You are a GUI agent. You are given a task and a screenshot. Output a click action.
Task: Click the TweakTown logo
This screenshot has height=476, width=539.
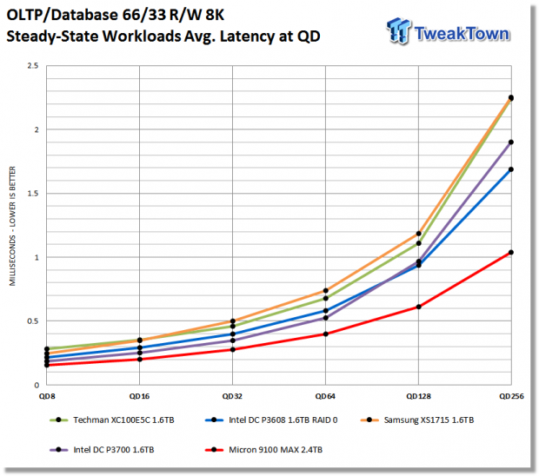click(448, 31)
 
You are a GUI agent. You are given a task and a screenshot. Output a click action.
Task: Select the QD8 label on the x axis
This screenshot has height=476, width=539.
click(47, 396)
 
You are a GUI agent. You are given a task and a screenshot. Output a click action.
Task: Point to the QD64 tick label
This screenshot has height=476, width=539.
click(325, 396)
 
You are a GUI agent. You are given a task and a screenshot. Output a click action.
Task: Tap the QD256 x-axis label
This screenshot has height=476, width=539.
click(511, 396)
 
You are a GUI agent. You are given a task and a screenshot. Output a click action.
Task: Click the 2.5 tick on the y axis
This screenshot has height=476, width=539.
click(33, 66)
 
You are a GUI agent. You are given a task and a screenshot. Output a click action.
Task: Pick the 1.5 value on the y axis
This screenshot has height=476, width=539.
click(33, 194)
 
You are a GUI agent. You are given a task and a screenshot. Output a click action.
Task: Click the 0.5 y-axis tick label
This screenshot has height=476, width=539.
click(33, 321)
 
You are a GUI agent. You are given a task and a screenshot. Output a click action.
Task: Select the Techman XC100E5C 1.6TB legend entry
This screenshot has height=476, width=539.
click(112, 420)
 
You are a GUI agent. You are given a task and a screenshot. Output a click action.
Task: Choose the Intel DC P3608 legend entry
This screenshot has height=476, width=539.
click(271, 420)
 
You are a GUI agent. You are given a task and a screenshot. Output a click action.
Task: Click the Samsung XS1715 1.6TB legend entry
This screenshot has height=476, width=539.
click(417, 420)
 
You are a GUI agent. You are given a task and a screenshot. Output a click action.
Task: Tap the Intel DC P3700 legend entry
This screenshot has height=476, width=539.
click(102, 450)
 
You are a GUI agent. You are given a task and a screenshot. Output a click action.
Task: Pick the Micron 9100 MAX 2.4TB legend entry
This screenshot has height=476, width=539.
click(263, 450)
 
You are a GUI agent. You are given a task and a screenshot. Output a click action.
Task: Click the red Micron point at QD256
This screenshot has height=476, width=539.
click(511, 253)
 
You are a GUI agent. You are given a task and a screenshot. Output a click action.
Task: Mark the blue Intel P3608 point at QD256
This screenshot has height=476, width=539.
click(511, 169)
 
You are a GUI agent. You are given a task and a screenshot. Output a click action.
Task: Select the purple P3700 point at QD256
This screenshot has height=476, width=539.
click(511, 142)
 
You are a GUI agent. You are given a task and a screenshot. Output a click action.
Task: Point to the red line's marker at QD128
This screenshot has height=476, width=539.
click(419, 307)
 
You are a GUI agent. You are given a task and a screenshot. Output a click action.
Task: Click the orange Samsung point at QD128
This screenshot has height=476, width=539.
click(419, 234)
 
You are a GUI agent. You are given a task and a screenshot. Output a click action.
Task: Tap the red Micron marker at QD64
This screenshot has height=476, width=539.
click(325, 334)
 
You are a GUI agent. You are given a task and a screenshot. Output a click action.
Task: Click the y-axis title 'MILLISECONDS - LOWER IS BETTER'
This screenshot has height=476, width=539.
click(12, 226)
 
